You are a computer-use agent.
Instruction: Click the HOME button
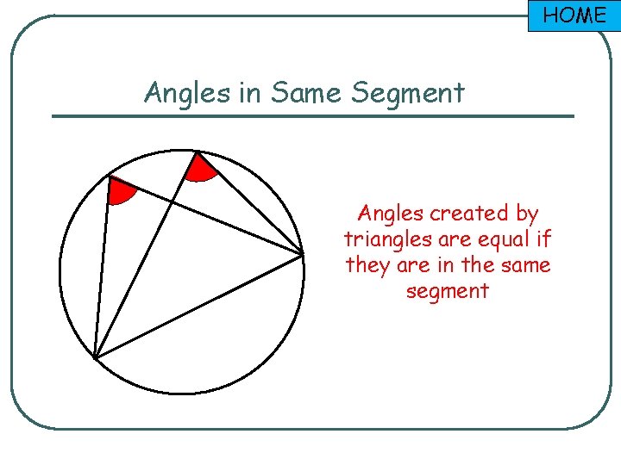(x=574, y=15)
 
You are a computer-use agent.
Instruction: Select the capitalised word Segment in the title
(x=408, y=93)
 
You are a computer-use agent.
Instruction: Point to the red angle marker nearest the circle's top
(x=201, y=169)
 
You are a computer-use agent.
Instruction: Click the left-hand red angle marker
(x=120, y=191)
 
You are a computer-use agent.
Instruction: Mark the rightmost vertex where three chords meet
(x=303, y=254)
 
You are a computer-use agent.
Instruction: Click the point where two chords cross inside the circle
(x=173, y=202)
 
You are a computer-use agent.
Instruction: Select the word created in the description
(x=471, y=213)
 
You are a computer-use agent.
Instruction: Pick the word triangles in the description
(x=384, y=239)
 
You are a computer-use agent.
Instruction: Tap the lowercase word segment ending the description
(x=447, y=291)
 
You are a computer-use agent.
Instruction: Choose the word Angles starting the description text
(x=391, y=214)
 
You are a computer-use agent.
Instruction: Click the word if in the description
(x=543, y=239)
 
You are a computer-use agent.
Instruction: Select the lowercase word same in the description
(x=519, y=265)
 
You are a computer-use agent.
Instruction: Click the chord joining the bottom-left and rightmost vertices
(x=198, y=306)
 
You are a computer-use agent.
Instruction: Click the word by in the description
(x=527, y=214)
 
